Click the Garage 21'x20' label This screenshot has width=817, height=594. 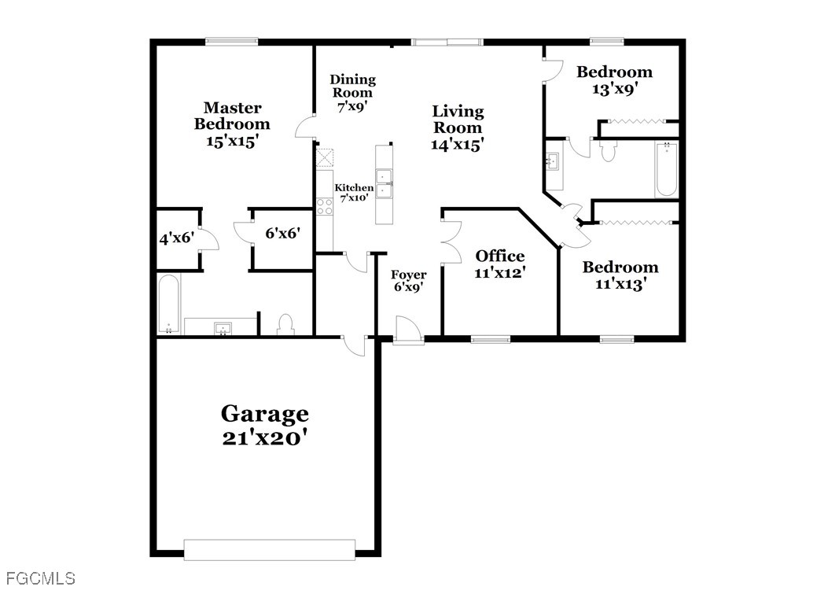point(265,425)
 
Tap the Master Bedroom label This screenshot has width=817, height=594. point(232,124)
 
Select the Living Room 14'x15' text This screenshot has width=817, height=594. point(458,127)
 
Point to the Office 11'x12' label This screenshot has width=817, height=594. point(499,264)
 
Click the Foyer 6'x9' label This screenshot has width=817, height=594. point(409,281)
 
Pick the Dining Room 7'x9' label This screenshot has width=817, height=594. point(353,94)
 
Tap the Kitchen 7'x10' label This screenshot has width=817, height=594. point(354,193)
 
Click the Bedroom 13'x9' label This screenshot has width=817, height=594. point(614,79)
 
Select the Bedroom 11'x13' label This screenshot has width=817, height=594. point(620,275)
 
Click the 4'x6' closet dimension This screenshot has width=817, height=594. point(177,239)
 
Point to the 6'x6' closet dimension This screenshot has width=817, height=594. point(282,233)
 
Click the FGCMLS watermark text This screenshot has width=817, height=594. point(41,578)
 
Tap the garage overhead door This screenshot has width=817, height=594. point(270,550)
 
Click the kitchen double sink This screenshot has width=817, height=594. point(385,184)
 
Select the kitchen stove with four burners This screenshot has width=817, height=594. point(325,206)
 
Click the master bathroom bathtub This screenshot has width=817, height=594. point(169,304)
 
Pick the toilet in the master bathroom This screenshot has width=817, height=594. point(286,324)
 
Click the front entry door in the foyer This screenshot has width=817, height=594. point(407,329)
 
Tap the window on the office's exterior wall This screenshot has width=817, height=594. point(491,339)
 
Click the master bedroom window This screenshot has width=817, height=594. point(231,41)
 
